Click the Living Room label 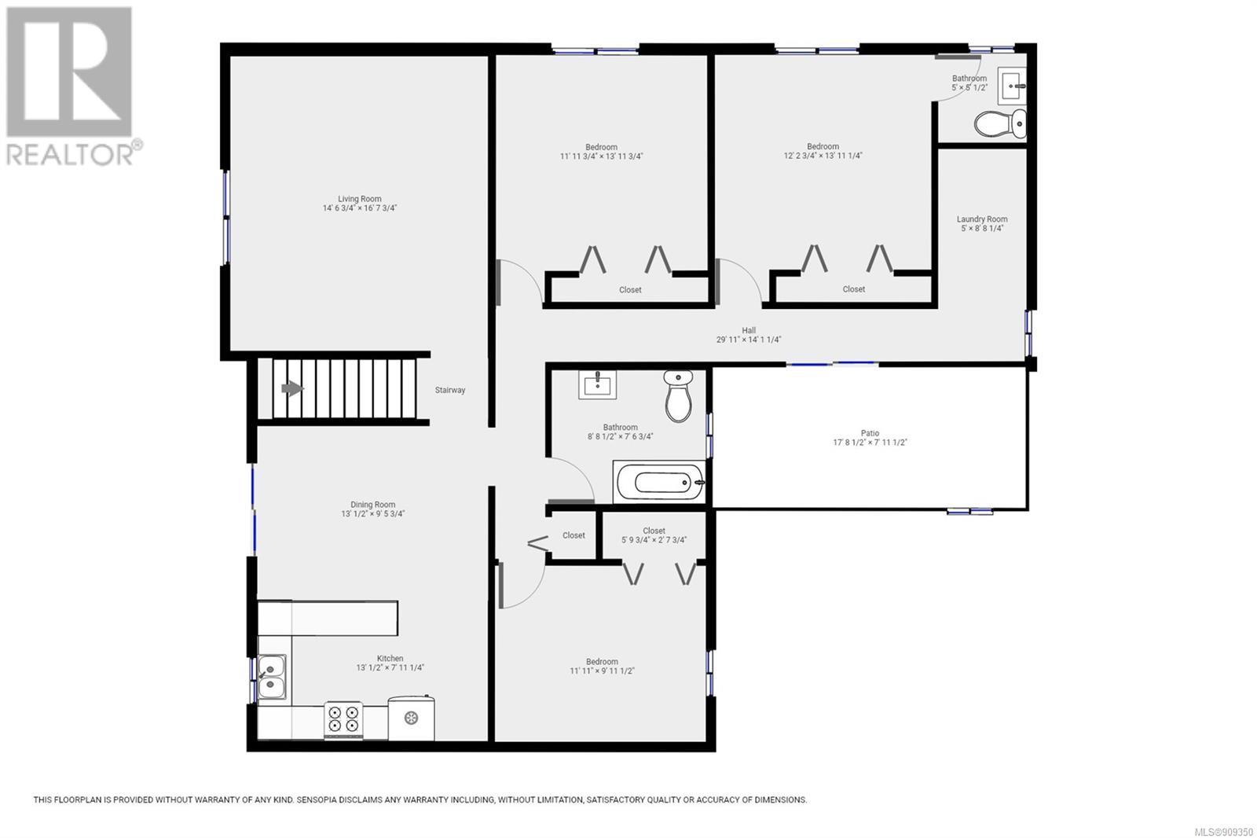point(360,199)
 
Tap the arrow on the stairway point(292,388)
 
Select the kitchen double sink point(272,677)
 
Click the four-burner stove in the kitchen point(343,719)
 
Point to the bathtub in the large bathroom point(659,482)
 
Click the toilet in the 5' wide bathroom point(1000,123)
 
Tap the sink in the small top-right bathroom point(1012,86)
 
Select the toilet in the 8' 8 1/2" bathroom point(679,395)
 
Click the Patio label point(870,433)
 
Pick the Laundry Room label point(982,219)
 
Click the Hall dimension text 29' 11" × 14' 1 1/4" point(749,340)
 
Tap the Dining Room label point(372,505)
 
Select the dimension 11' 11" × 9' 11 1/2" point(602,671)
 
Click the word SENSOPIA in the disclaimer point(318,799)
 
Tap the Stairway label point(450,390)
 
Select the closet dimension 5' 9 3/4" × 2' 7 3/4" point(654,540)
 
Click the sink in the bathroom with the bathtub point(598,384)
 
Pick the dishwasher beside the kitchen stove point(412,718)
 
